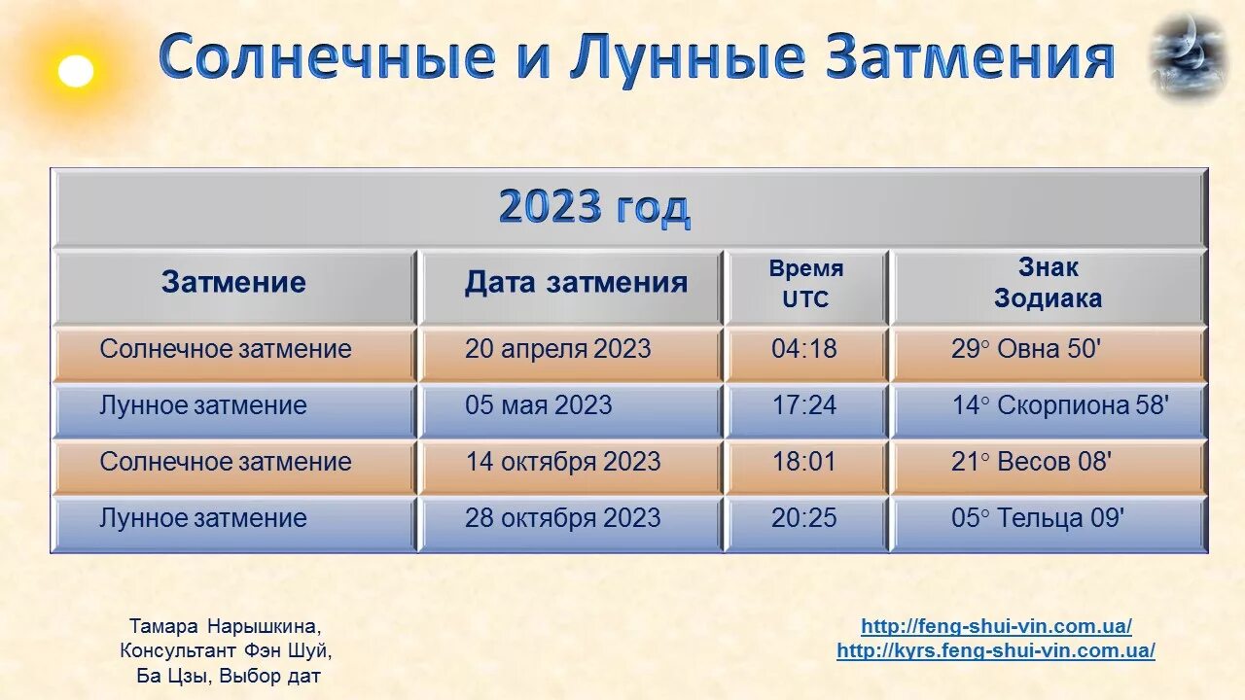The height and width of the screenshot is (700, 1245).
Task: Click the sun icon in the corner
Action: point(76,71)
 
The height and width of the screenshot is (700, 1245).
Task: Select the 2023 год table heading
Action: point(594,208)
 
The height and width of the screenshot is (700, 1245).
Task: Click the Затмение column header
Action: point(233,282)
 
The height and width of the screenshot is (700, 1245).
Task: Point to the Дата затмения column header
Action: point(576,282)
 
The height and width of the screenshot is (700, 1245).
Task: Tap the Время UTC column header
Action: point(806,284)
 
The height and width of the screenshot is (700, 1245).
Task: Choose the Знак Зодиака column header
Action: point(1048,283)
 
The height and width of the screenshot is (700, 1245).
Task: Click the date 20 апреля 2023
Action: point(557,349)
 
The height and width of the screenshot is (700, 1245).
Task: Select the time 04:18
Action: point(804,349)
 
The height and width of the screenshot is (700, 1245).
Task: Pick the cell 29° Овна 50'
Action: point(1025,349)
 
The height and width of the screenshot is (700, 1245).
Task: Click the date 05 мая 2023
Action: point(538,405)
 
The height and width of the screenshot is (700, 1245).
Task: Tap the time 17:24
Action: point(804,405)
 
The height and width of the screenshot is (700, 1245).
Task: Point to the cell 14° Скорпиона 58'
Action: point(1059,405)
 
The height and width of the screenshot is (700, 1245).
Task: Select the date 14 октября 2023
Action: point(562,462)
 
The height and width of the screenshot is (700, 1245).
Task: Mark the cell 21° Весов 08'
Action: point(1030,462)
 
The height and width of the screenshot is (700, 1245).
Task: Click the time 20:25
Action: point(804,518)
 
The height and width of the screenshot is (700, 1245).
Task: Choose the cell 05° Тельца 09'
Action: point(1037,518)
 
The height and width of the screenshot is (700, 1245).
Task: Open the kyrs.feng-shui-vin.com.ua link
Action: point(996,651)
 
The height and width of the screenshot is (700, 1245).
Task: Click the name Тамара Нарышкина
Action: point(225,626)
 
